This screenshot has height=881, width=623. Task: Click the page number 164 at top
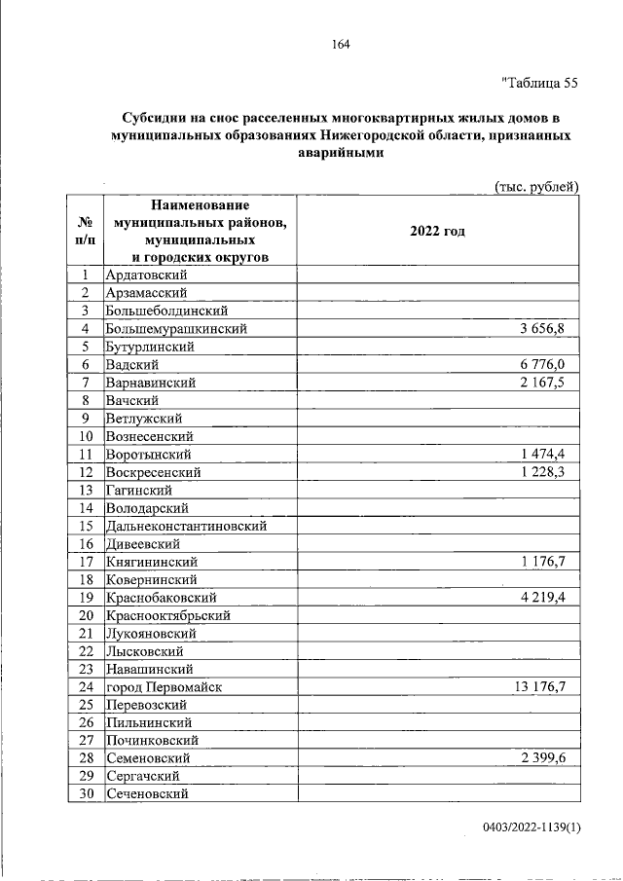pyautogui.click(x=340, y=44)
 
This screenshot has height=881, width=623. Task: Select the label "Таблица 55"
pyautogui.click(x=539, y=83)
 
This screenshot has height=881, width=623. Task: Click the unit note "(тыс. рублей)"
pyautogui.click(x=536, y=186)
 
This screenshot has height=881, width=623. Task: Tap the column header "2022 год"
pyautogui.click(x=437, y=231)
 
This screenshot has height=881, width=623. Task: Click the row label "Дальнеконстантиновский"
pyautogui.click(x=186, y=526)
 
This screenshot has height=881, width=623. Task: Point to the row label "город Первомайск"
pyautogui.click(x=165, y=687)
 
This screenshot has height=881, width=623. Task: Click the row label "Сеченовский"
pyautogui.click(x=147, y=794)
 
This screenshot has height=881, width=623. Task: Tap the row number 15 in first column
pyautogui.click(x=85, y=526)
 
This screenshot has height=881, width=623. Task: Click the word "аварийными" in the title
pyautogui.click(x=340, y=153)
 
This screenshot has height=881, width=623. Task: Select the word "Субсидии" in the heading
pyautogui.click(x=158, y=117)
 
